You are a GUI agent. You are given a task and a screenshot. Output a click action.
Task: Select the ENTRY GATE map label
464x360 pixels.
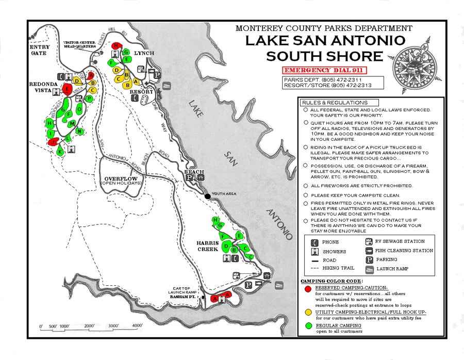40,50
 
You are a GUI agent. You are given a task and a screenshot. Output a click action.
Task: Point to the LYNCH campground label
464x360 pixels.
144,53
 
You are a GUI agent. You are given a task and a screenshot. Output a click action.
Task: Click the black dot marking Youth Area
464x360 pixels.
207,196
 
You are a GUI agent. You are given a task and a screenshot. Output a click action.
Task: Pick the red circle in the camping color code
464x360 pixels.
307,289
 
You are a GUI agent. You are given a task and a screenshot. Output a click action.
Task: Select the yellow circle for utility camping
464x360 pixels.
307,313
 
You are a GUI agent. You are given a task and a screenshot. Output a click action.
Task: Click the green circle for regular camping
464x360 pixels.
307,326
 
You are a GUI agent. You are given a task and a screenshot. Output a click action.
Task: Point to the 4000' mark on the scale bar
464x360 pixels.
137,326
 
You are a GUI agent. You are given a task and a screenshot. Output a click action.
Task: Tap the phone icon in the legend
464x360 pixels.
313,242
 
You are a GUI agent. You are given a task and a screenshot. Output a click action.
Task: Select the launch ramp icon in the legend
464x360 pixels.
369,269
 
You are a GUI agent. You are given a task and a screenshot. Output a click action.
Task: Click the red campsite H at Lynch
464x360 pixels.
116,46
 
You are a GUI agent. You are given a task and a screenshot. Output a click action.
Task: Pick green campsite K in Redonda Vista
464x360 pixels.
60,152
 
